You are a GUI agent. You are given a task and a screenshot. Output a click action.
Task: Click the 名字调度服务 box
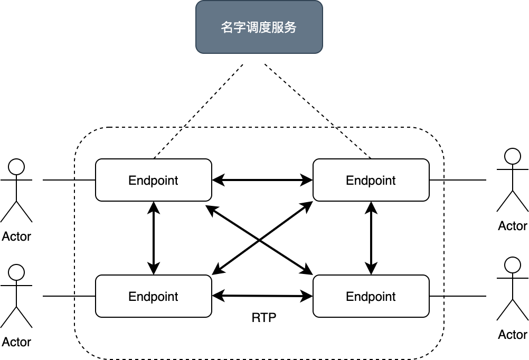pos(259,27)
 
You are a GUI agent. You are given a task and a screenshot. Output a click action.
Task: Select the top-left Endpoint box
pos(153,180)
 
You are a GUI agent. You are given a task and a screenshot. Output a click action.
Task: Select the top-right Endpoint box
pos(371,180)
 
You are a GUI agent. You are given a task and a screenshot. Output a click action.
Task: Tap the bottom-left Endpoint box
pos(153,296)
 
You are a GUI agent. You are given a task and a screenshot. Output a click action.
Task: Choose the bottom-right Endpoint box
pos(371,296)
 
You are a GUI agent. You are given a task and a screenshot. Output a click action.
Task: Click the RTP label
pos(263,318)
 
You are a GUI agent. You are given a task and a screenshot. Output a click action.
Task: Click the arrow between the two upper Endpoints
pos(262,181)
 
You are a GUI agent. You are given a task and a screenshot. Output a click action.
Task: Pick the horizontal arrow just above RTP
pos(262,296)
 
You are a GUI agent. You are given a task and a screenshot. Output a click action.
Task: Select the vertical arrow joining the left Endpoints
pos(154,238)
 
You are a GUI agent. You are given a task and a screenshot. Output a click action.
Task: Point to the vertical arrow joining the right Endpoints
pos(371,238)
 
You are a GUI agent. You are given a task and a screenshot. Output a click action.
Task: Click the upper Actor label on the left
pos(16,236)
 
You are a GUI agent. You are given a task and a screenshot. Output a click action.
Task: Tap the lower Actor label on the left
pos(16,342)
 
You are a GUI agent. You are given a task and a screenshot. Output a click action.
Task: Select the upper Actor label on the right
pos(513,226)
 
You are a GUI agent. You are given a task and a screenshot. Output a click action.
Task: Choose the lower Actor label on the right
pos(513,335)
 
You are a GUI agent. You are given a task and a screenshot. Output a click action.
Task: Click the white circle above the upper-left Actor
pos(17,167)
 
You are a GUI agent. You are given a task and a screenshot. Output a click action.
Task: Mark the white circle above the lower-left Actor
pos(17,272)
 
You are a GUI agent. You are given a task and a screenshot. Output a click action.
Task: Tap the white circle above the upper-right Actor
pos(513,157)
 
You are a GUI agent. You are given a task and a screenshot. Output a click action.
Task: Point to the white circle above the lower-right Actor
pos(513,265)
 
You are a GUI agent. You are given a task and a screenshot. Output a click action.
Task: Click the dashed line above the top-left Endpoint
pos(168,143)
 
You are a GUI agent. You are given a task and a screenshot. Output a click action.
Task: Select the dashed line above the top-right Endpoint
pos(354,143)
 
